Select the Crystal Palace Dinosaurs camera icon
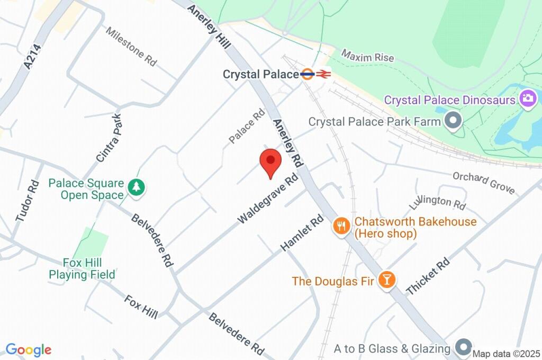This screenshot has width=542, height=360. tap(528, 98)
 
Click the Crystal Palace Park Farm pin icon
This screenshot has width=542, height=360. tap(453, 121)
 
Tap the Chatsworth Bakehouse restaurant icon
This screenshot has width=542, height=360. tap(341, 227)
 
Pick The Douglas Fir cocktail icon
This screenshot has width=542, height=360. tap(387, 280)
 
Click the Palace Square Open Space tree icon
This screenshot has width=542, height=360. tap(137, 187)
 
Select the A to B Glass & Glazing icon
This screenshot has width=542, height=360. tap(463, 348)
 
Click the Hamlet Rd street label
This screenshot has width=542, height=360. tap(302, 233)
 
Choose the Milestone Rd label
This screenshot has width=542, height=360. tap(131, 47)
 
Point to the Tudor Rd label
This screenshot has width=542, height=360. tap(28, 201)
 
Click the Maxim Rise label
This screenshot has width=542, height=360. tap(367, 56)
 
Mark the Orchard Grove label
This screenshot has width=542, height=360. tap(483, 182)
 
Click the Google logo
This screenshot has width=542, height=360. tap(28, 349)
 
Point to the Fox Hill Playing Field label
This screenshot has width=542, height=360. tap(82, 268)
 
